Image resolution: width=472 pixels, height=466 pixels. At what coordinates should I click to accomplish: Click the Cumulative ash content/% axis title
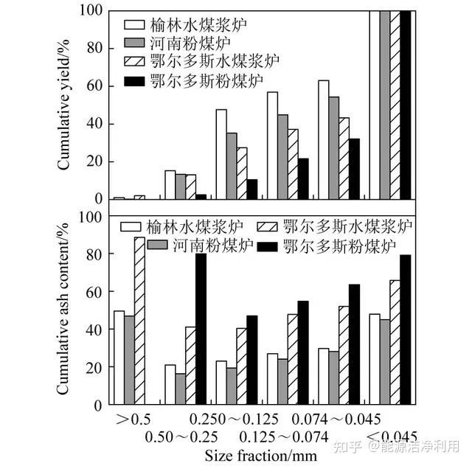pos(65,310)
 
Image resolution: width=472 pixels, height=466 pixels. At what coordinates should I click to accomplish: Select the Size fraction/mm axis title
pos(260,455)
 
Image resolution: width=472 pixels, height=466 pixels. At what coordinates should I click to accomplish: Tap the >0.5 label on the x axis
pos(133,419)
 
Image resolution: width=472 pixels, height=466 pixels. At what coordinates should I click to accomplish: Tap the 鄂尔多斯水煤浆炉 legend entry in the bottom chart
pos(339,226)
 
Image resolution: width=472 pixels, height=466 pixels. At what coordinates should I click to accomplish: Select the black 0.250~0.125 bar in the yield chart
pos(252,189)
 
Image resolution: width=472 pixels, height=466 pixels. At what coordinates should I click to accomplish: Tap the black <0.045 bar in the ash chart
pos(405,330)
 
